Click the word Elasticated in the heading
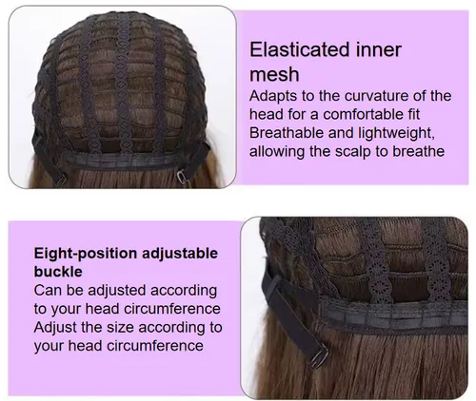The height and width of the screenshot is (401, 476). (300, 49)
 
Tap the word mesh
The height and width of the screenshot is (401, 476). (274, 74)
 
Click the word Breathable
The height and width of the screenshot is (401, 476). (287, 133)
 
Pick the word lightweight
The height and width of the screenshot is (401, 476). (396, 134)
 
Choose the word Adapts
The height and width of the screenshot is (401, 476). (273, 96)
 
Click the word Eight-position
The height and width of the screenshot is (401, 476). (85, 254)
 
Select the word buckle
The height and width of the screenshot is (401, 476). (58, 272)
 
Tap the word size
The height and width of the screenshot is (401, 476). (120, 327)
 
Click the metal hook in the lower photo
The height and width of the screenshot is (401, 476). (319, 357)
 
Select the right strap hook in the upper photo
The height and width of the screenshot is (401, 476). (182, 177)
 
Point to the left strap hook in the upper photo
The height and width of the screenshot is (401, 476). (60, 181)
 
